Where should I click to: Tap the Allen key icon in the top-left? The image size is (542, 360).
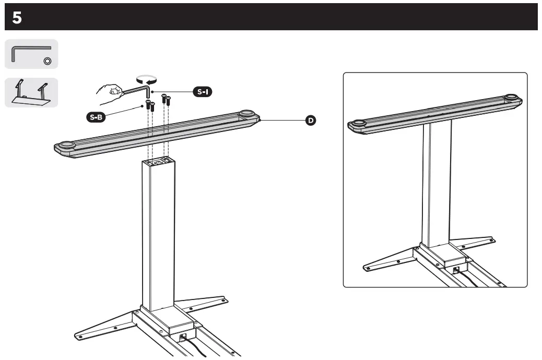[31, 54]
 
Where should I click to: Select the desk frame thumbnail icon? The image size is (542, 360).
[31, 92]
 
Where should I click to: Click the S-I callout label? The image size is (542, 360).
[202, 92]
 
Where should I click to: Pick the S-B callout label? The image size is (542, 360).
[96, 116]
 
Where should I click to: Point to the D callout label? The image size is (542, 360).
[310, 121]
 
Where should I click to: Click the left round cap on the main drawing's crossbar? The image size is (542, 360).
[66, 146]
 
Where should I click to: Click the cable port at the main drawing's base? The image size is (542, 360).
[182, 337]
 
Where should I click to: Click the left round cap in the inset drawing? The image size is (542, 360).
[359, 124]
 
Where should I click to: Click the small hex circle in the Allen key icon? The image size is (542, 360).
[47, 61]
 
